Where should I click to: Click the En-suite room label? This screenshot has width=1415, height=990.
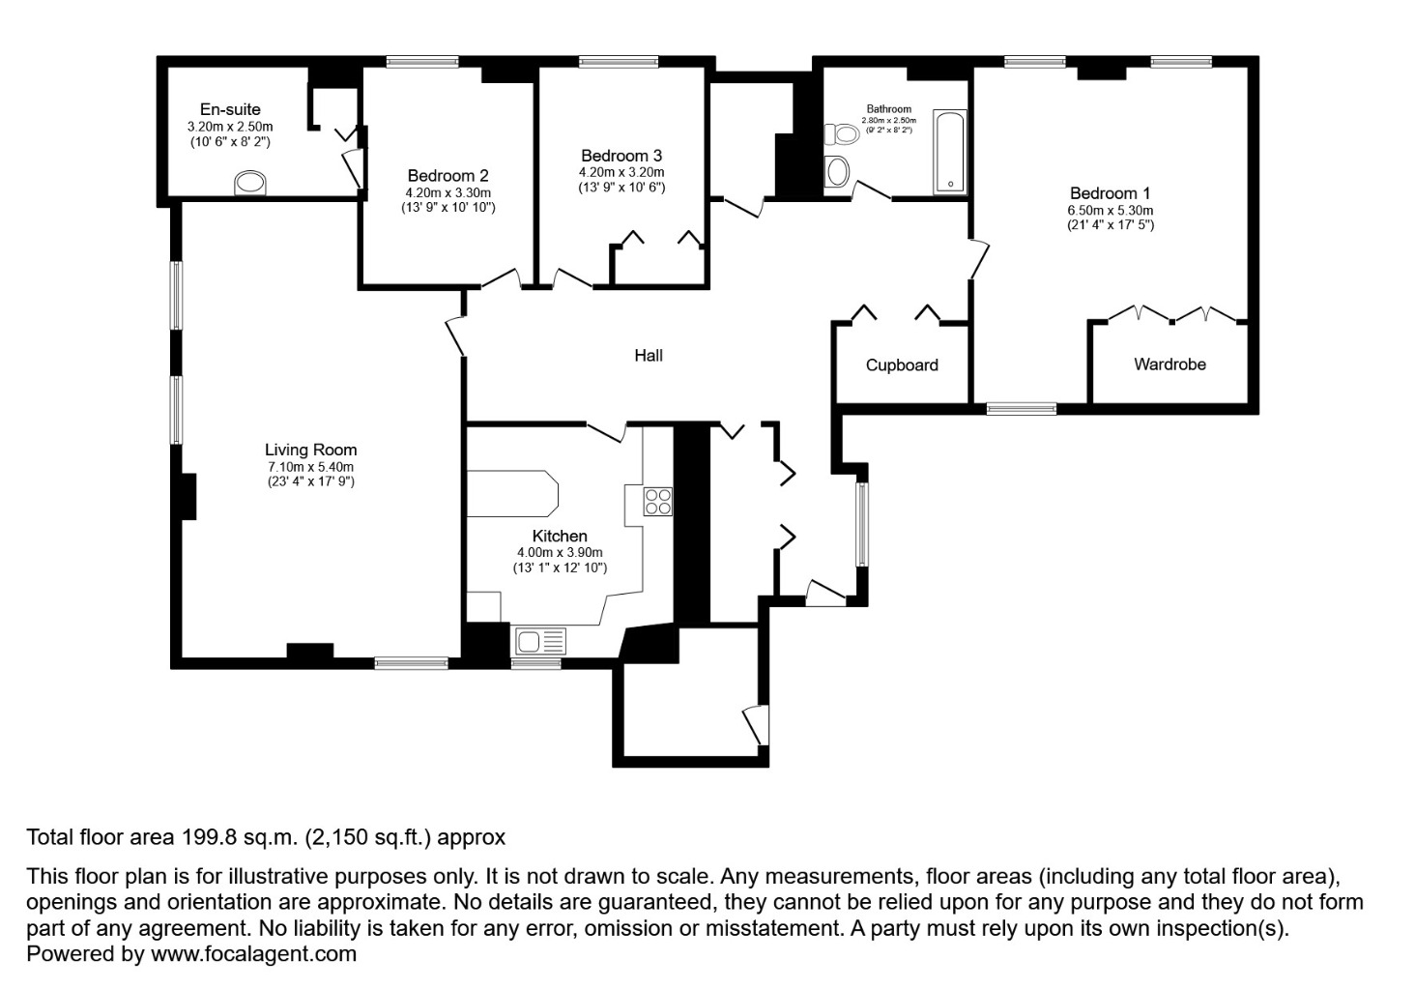230,109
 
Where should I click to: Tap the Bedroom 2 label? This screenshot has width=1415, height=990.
448,175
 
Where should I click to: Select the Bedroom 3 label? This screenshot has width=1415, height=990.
621,156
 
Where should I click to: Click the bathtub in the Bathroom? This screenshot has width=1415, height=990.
949,152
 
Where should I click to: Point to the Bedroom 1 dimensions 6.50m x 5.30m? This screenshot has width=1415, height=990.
1110,210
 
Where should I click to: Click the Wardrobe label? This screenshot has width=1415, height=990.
1170,364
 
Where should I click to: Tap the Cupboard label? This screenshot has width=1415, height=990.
902,365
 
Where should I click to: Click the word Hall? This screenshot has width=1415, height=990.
649,356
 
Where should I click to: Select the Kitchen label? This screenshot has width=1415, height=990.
560,536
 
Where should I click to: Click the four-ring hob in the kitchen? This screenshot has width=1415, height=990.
658,501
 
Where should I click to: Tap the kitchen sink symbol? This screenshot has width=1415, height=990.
541,640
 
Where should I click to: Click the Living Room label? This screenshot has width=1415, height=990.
311,450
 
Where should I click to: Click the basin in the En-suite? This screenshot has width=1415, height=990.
251,183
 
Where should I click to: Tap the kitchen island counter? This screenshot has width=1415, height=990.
512,494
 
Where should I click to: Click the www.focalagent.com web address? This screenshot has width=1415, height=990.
253,954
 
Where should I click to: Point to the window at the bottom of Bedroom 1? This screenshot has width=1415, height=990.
1021,409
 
